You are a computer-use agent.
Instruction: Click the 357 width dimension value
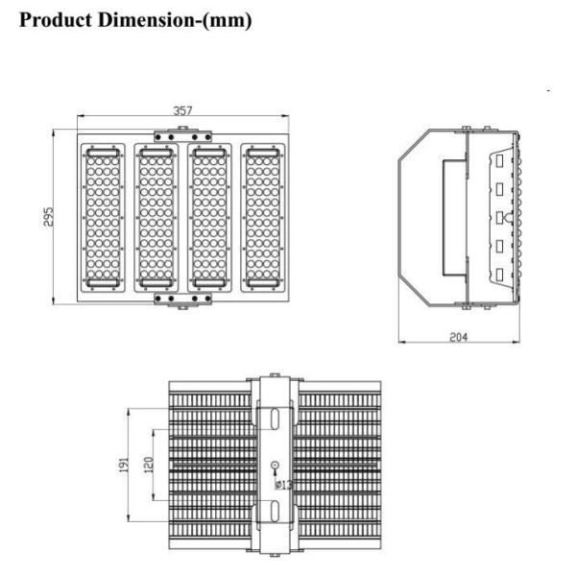pyautogui.click(x=182, y=110)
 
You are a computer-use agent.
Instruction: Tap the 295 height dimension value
pyautogui.click(x=48, y=217)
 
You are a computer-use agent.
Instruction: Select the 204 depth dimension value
pyautogui.click(x=459, y=337)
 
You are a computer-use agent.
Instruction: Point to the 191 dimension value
pyautogui.click(x=124, y=465)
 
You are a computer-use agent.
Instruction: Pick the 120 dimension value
pyautogui.click(x=149, y=465)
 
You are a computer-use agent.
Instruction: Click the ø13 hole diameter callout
pyautogui.click(x=283, y=485)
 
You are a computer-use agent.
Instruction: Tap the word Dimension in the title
pyautogui.click(x=146, y=19)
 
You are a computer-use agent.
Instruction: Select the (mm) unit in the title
pyautogui.click(x=227, y=20)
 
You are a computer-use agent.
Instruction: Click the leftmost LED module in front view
pyautogui.click(x=103, y=218)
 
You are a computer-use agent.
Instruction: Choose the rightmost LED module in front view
pyautogui.click(x=263, y=218)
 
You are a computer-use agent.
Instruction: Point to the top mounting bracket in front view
pyautogui.click(x=183, y=136)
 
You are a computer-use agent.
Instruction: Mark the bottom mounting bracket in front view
pyautogui.click(x=183, y=300)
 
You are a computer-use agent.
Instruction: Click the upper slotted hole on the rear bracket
pyautogui.click(x=275, y=419)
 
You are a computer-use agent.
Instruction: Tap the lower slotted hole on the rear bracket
pyautogui.click(x=275, y=511)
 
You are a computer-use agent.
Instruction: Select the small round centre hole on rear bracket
pyautogui.click(x=275, y=466)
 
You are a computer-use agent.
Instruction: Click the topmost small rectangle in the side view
pyautogui.click(x=499, y=161)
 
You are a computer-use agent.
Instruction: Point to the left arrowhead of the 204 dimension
pyautogui.click(x=402, y=342)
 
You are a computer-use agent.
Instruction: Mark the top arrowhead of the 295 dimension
pyautogui.click(x=54, y=133)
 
